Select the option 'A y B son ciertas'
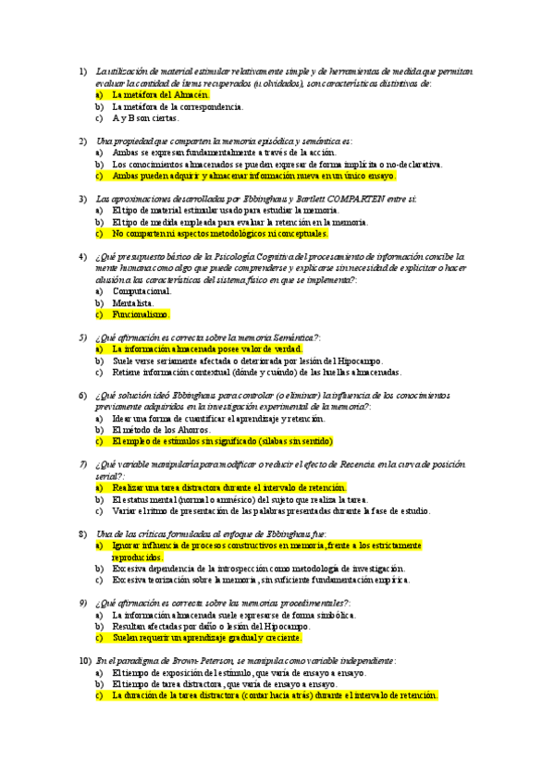[x=145, y=118]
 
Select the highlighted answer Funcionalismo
[x=141, y=314]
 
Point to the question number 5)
[x=83, y=337]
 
